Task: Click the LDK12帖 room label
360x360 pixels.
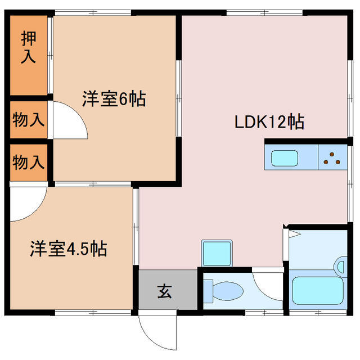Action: tap(269, 121)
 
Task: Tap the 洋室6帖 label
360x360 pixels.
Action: tap(114, 99)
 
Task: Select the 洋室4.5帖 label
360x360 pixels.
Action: tap(69, 248)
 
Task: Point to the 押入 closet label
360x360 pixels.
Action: tap(28, 48)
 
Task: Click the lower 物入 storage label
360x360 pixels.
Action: tap(28, 163)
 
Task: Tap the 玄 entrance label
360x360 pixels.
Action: tap(164, 291)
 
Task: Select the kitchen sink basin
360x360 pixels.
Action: tap(288, 158)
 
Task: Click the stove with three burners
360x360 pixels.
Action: tap(332, 158)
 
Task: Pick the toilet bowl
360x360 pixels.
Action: tap(225, 291)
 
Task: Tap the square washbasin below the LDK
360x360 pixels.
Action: tap(217, 253)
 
